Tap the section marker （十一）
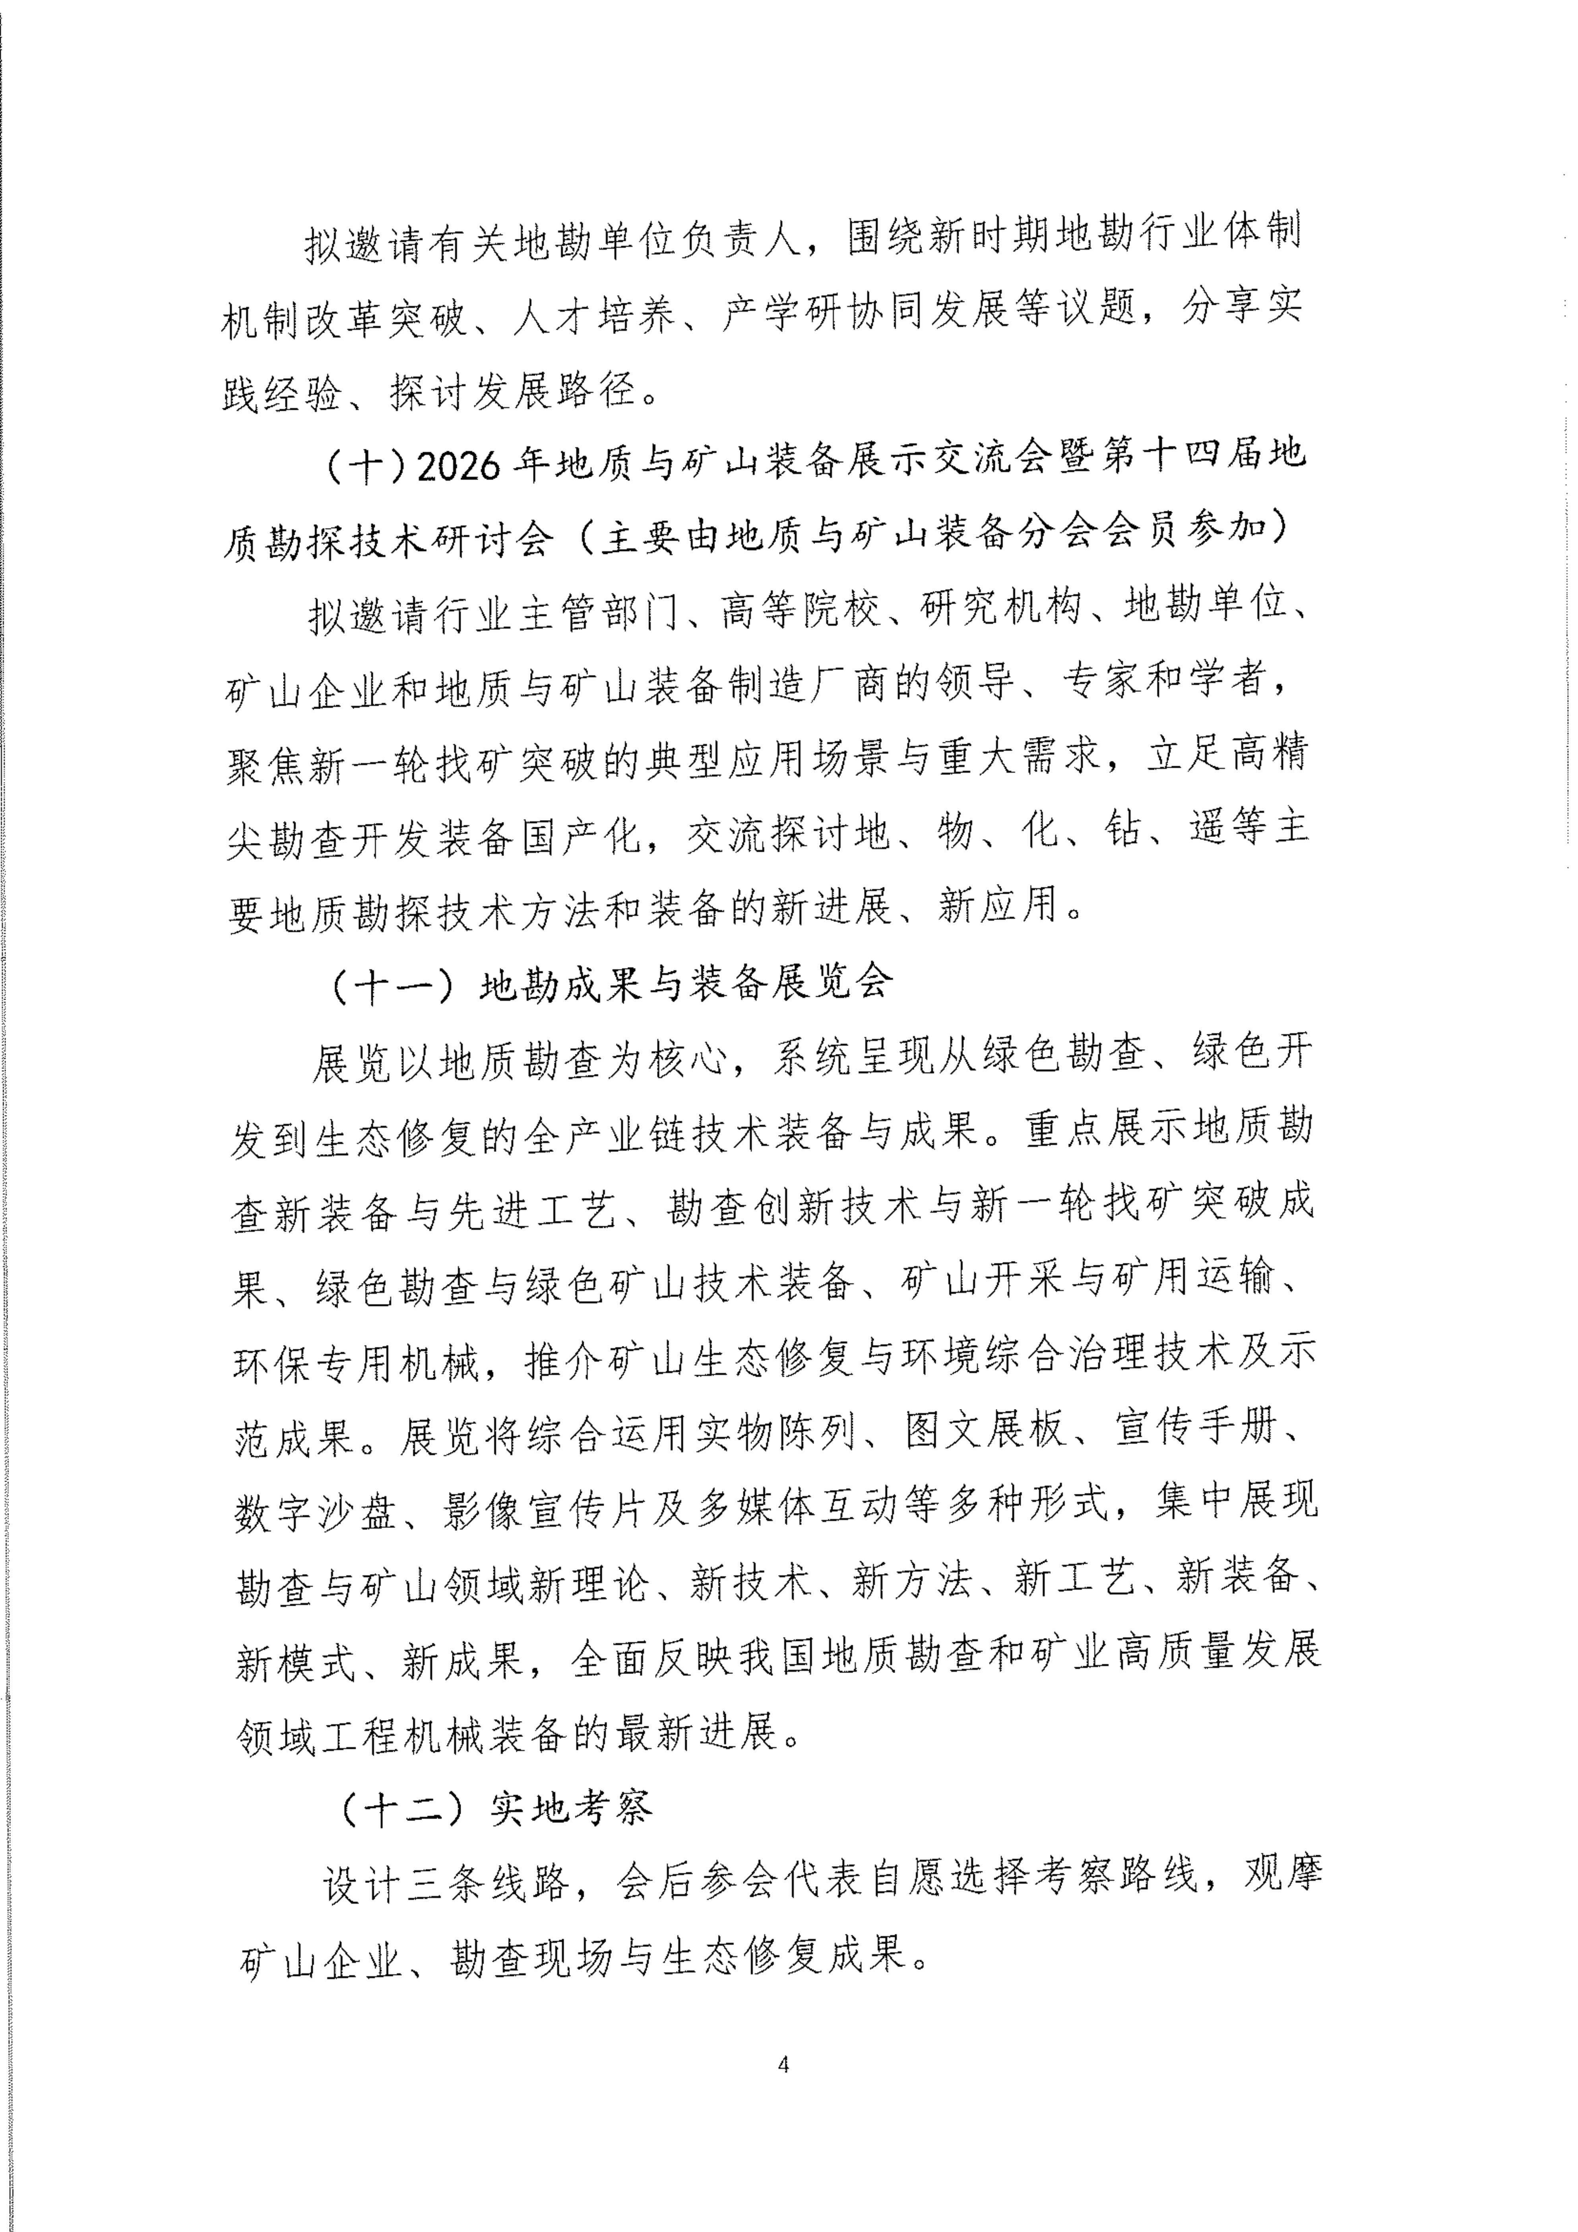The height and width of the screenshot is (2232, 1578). click(394, 987)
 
